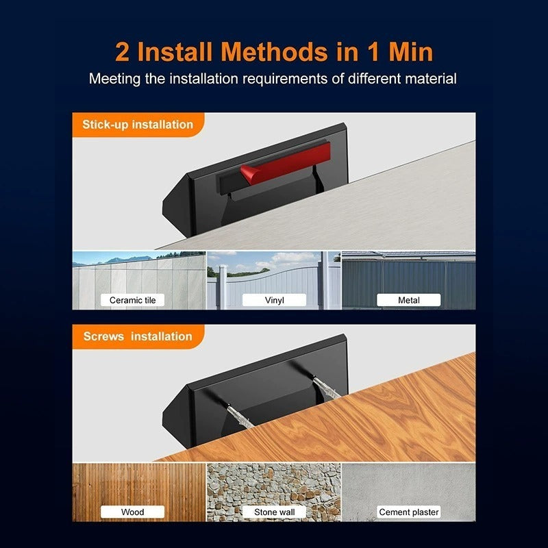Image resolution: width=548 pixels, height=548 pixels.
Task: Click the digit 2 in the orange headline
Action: [x=122, y=52]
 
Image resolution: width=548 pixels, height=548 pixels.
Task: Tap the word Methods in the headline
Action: [x=275, y=52]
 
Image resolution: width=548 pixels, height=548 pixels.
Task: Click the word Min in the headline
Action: [x=410, y=52]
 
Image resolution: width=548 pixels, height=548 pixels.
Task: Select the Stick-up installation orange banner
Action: [x=138, y=125]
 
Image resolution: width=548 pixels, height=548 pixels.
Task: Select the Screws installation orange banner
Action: [x=138, y=336]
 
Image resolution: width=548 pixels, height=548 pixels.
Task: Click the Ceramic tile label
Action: [x=132, y=300]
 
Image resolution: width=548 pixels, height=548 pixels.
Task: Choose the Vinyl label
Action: [x=275, y=300]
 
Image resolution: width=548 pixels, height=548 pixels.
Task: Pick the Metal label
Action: [x=408, y=300]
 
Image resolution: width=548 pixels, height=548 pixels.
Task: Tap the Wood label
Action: [x=132, y=512]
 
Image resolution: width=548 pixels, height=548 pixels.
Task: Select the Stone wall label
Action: [x=275, y=512]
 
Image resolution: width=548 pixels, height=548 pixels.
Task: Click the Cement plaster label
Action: [x=408, y=512]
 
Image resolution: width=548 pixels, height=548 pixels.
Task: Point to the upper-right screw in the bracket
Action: [x=326, y=387]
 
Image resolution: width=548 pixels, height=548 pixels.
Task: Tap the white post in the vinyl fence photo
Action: [x=223, y=287]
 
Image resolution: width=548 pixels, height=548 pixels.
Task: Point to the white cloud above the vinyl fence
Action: [x=293, y=260]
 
